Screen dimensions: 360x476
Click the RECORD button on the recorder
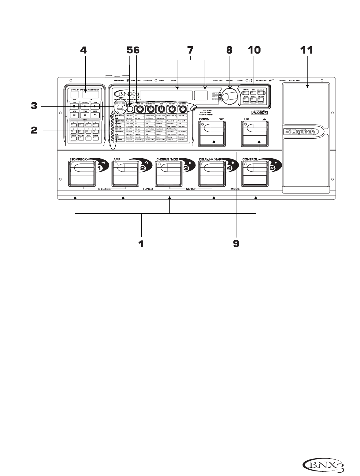pos(85,106)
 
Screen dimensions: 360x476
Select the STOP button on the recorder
pos(74,106)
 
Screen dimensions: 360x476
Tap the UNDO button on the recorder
pos(95,115)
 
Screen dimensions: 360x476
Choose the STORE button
pos(246,99)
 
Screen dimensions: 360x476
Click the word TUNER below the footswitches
pos(147,189)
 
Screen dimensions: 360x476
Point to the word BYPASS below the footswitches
pos(104,189)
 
